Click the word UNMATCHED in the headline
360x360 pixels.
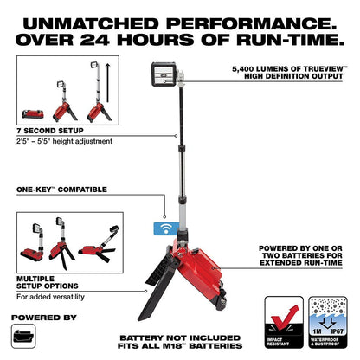pos(91,24)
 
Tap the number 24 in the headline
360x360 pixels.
pos(95,40)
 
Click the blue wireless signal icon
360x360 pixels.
pos(166,228)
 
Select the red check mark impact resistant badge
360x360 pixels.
pos(284,322)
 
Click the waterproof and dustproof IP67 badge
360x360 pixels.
pos(328,322)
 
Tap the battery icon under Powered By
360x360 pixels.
pos(23,336)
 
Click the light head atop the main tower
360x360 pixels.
pos(164,74)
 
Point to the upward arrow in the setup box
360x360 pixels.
pos(107,83)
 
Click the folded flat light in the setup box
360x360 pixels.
pos(33,114)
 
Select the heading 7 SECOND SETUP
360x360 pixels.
pos(50,131)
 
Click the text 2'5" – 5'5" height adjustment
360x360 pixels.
pos(64,141)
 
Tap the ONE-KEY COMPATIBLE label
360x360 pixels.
pos(61,190)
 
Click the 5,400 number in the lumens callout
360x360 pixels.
pos(245,69)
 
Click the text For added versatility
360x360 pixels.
pos(50,297)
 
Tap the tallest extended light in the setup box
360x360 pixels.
pos(99,92)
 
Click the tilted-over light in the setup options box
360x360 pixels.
pos(99,244)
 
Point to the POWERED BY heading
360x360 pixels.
pos(44,318)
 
